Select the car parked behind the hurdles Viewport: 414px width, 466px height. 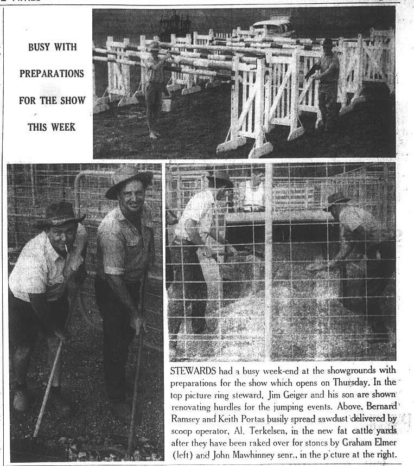(273, 25)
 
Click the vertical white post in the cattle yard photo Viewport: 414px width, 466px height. (268, 260)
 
